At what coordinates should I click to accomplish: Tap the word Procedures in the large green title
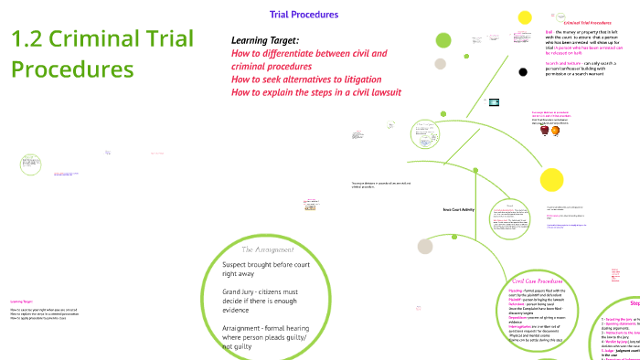(x=72, y=69)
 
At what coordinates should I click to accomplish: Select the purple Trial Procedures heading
(x=304, y=15)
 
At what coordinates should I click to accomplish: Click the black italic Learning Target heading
(x=266, y=40)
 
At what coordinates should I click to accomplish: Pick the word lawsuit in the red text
(x=383, y=93)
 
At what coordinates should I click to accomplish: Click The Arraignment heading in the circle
(x=266, y=249)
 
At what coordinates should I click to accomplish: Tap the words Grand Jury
(x=241, y=291)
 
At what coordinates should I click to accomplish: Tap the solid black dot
(x=522, y=71)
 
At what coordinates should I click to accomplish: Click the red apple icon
(x=545, y=131)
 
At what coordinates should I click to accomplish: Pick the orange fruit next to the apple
(x=555, y=131)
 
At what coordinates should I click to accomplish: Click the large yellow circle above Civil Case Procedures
(x=550, y=179)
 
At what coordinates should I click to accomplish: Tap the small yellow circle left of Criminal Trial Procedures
(x=525, y=17)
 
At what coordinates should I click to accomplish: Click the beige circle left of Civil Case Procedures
(x=425, y=246)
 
